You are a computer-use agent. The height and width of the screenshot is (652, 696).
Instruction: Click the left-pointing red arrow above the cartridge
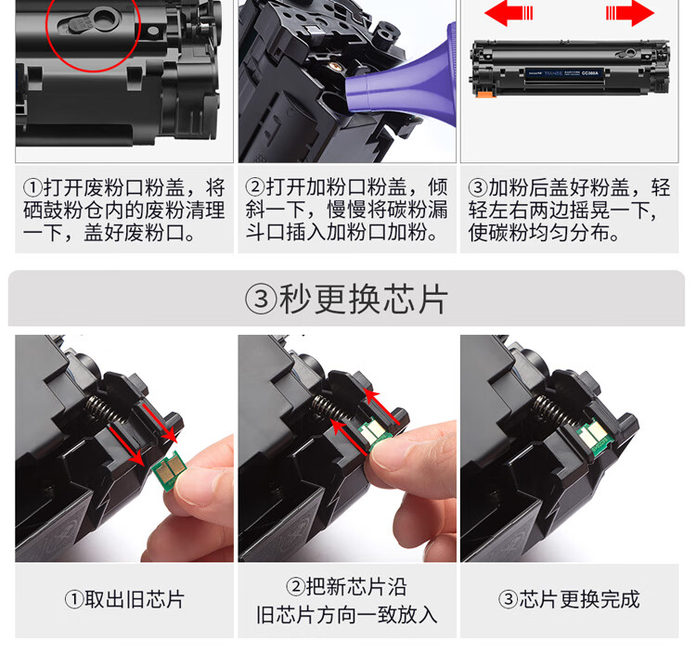509,13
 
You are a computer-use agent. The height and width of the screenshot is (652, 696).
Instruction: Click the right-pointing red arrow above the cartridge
630,13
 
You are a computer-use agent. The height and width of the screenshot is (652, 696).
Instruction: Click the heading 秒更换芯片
364,299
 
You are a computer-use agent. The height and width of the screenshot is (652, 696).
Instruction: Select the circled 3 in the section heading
261,300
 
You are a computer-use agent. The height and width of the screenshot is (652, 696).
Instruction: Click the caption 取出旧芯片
134,599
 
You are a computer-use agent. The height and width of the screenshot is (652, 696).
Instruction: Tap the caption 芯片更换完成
579,599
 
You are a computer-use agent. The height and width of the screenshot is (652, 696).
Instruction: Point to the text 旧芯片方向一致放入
346,615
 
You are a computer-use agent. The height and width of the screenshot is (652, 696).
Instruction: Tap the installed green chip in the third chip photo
596,437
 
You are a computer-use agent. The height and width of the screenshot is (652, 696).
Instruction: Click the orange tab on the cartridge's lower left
485,94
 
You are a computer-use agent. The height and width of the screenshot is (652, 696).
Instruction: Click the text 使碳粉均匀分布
538,233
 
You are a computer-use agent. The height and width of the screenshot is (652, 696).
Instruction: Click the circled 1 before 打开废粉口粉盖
32,187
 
